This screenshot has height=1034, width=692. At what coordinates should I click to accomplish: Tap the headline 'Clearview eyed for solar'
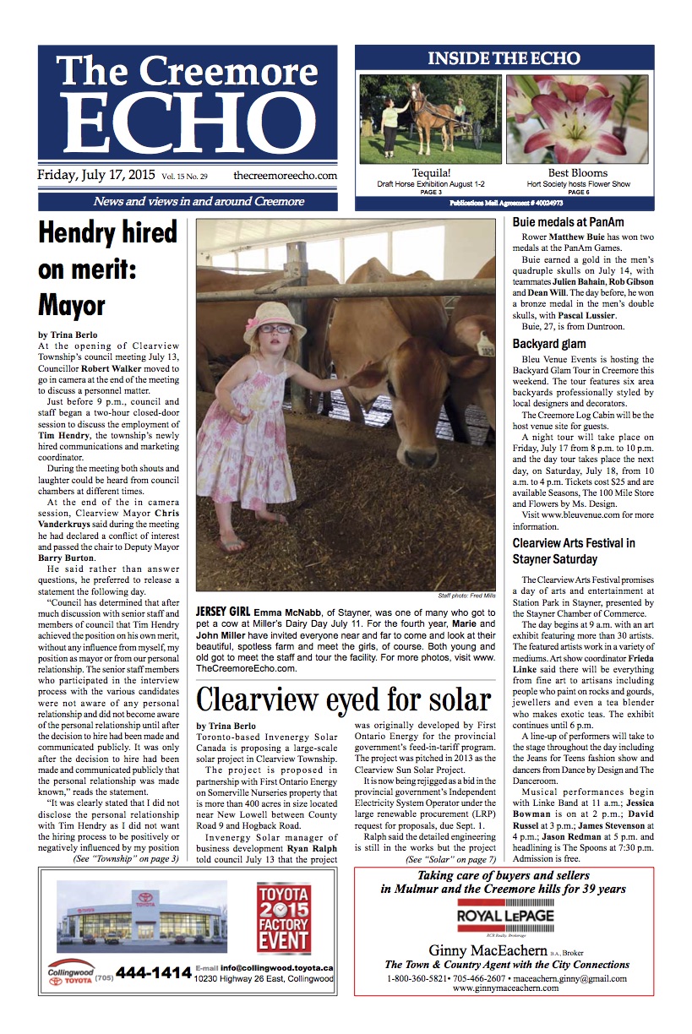pos(343,699)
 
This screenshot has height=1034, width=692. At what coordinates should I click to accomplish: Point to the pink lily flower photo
pos(577,118)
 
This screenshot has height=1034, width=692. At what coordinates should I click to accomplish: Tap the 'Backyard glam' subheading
pos(550,344)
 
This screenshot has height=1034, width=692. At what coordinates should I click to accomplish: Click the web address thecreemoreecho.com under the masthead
pos(285,176)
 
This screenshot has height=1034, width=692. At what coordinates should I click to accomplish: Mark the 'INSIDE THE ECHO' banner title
pos(504,59)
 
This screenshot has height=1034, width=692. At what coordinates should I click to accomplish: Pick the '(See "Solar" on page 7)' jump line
pos(450,859)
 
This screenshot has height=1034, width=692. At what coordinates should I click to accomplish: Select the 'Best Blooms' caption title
pos(577,173)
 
